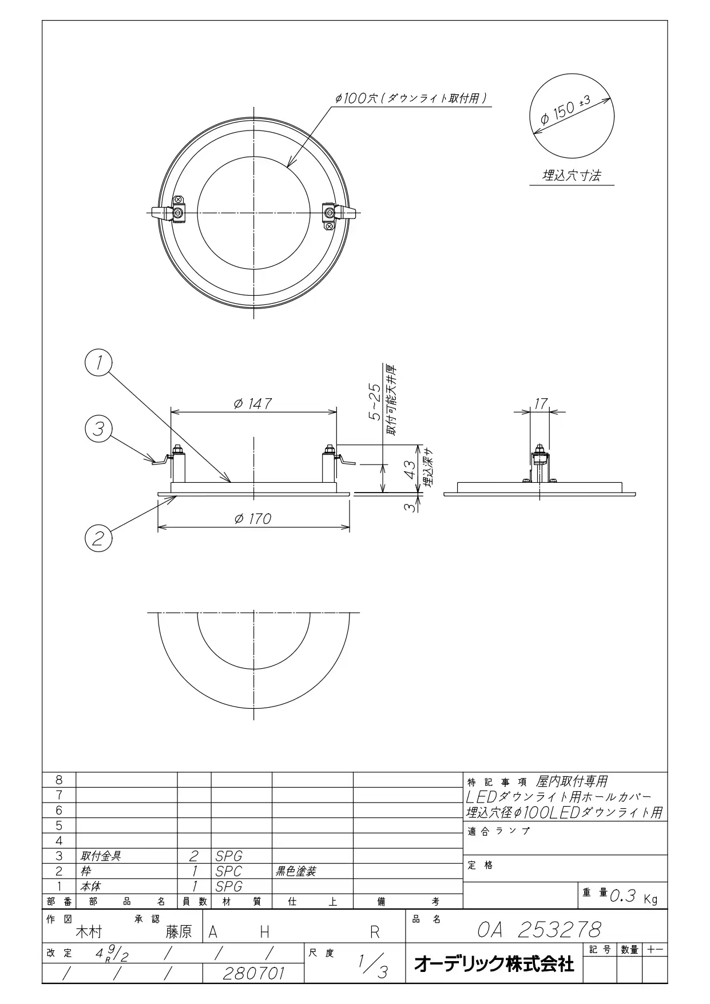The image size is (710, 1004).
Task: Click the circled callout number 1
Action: [98, 363]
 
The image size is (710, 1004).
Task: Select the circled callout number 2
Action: [98, 538]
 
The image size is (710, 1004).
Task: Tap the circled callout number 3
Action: [98, 428]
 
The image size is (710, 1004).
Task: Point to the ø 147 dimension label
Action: [252, 403]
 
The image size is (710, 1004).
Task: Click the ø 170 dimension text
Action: [252, 518]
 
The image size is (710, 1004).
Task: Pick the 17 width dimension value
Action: [540, 403]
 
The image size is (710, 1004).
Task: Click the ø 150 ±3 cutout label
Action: [567, 111]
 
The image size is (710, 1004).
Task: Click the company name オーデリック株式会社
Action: [494, 963]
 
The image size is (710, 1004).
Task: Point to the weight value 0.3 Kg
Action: [634, 896]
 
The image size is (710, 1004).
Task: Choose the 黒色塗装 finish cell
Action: [296, 871]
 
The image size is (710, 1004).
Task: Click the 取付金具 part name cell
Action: [101, 856]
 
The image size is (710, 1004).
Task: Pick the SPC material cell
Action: [228, 871]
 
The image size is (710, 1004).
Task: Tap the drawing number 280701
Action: [253, 973]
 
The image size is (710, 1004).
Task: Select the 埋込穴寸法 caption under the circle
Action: [572, 176]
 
